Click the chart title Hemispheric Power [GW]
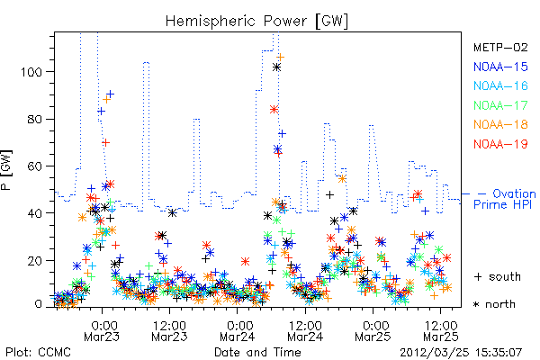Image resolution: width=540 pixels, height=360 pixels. tap(256, 22)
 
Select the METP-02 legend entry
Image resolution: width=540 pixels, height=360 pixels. tap(500, 47)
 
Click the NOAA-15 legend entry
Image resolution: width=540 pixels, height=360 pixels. tap(500, 67)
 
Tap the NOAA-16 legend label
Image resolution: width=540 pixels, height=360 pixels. tap(500, 85)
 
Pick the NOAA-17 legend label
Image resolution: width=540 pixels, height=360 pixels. tap(500, 105)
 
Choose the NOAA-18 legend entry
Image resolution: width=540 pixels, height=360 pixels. tap(500, 124)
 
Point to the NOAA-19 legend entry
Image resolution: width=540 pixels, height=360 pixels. tap(500, 144)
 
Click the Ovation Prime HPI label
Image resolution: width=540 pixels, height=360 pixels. tap(505, 199)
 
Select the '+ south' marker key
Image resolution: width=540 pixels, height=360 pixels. tap(498, 276)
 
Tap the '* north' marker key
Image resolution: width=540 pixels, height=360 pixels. tap(494, 304)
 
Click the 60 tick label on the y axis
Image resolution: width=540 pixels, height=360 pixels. tap(35, 166)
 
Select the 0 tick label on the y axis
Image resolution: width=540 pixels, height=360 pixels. tap(38, 304)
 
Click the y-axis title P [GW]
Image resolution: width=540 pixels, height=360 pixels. tap(6, 170)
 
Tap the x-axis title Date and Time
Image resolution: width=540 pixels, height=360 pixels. tap(257, 352)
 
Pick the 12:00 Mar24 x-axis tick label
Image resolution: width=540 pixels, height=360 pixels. tap(305, 331)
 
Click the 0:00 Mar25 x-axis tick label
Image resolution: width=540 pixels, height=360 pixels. tap(373, 331)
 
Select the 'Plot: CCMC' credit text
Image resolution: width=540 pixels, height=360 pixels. tap(38, 352)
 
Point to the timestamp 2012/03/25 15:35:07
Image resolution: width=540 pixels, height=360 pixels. tap(461, 353)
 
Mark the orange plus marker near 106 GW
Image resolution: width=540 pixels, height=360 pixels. tap(281, 57)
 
